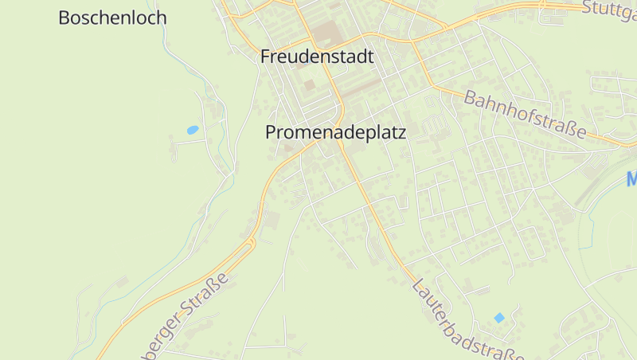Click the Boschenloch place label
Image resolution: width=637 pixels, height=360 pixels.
[x=112, y=18]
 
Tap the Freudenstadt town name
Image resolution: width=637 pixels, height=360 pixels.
[x=317, y=57]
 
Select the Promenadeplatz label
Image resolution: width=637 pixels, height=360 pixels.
[x=335, y=133]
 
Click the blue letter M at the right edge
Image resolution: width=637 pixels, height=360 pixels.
[x=631, y=179]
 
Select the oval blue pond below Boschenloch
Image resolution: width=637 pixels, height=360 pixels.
[x=192, y=129]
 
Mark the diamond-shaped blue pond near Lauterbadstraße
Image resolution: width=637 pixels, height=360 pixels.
[x=499, y=318]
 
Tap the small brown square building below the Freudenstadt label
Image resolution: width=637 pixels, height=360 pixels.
[x=309, y=84]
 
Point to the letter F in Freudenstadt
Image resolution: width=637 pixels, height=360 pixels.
[x=266, y=57]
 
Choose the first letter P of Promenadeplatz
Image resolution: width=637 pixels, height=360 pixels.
[x=271, y=133]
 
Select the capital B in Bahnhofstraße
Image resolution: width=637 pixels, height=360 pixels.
[x=470, y=96]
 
